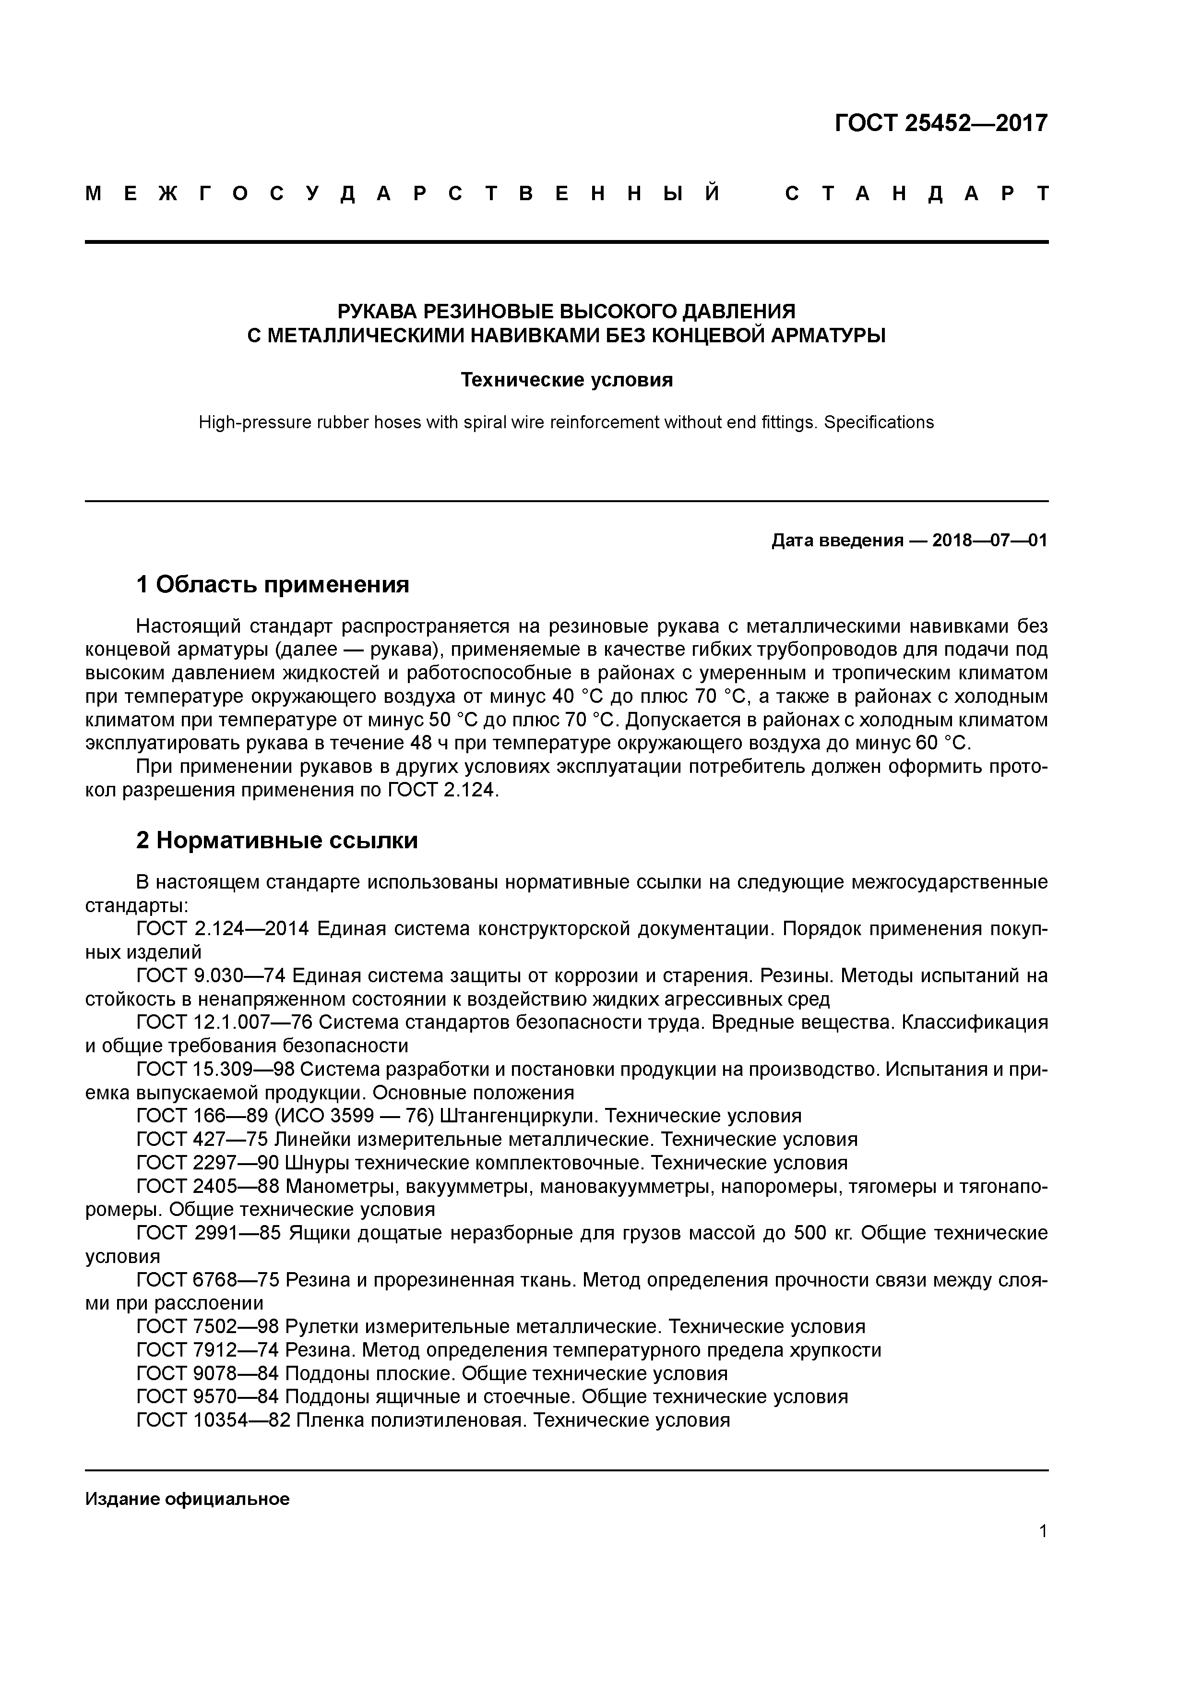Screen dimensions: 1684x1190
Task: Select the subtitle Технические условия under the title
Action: point(566,380)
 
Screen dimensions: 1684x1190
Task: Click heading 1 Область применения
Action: point(272,585)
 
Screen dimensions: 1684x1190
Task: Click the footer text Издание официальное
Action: point(187,1499)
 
